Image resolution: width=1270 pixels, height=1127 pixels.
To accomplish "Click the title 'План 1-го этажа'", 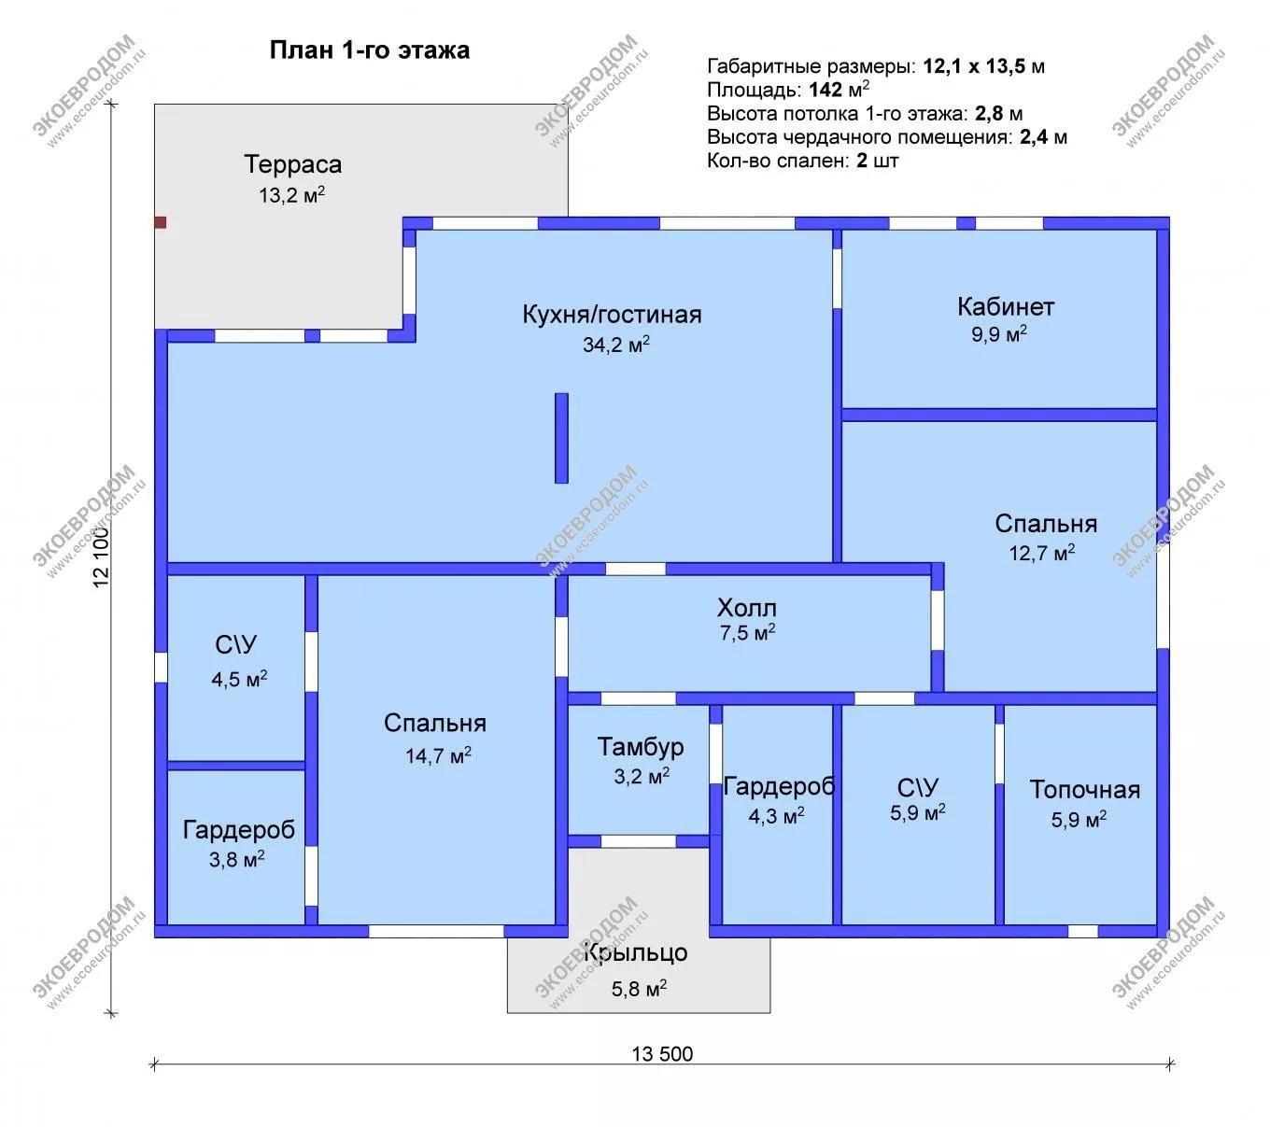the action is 369,50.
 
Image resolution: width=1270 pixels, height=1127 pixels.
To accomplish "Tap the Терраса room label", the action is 292,164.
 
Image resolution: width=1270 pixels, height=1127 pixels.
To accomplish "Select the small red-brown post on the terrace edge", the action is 161,222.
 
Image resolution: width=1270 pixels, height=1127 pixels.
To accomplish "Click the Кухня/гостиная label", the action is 612,314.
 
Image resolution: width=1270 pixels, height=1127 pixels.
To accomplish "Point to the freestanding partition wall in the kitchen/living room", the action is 561,438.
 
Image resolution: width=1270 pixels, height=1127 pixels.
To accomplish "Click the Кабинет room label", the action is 1006,306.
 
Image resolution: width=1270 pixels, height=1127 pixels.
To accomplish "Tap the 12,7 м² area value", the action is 1042,552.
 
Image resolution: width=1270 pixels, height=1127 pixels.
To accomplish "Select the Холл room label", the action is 746,607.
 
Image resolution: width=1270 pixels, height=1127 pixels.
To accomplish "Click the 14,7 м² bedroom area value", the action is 438,754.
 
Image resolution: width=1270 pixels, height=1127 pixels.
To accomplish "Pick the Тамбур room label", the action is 640,747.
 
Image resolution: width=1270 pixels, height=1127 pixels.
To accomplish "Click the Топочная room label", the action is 1084,790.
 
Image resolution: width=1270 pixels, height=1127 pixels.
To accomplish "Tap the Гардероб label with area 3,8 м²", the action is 239,830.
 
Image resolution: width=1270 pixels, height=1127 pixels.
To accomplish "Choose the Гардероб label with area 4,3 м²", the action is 779,786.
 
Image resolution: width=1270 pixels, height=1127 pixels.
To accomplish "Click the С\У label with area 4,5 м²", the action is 235,644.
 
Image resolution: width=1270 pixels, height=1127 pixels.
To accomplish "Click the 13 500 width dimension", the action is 662,1053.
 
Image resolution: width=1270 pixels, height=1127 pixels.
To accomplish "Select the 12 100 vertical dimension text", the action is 101,556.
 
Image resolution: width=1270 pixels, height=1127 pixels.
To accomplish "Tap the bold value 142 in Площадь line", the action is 825,90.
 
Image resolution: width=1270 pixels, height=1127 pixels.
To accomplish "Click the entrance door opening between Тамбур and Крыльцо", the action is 638,840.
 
